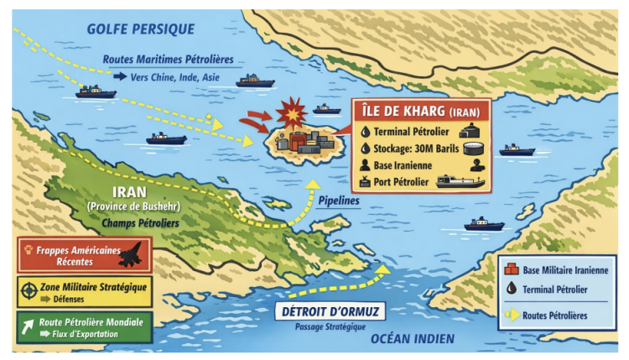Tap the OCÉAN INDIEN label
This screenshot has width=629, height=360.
413,338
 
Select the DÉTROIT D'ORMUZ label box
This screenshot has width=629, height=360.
329,311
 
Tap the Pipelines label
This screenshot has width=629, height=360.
338,202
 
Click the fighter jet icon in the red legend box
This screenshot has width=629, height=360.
131,253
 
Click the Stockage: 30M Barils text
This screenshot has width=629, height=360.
408,148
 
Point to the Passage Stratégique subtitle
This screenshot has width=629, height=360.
327,325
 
